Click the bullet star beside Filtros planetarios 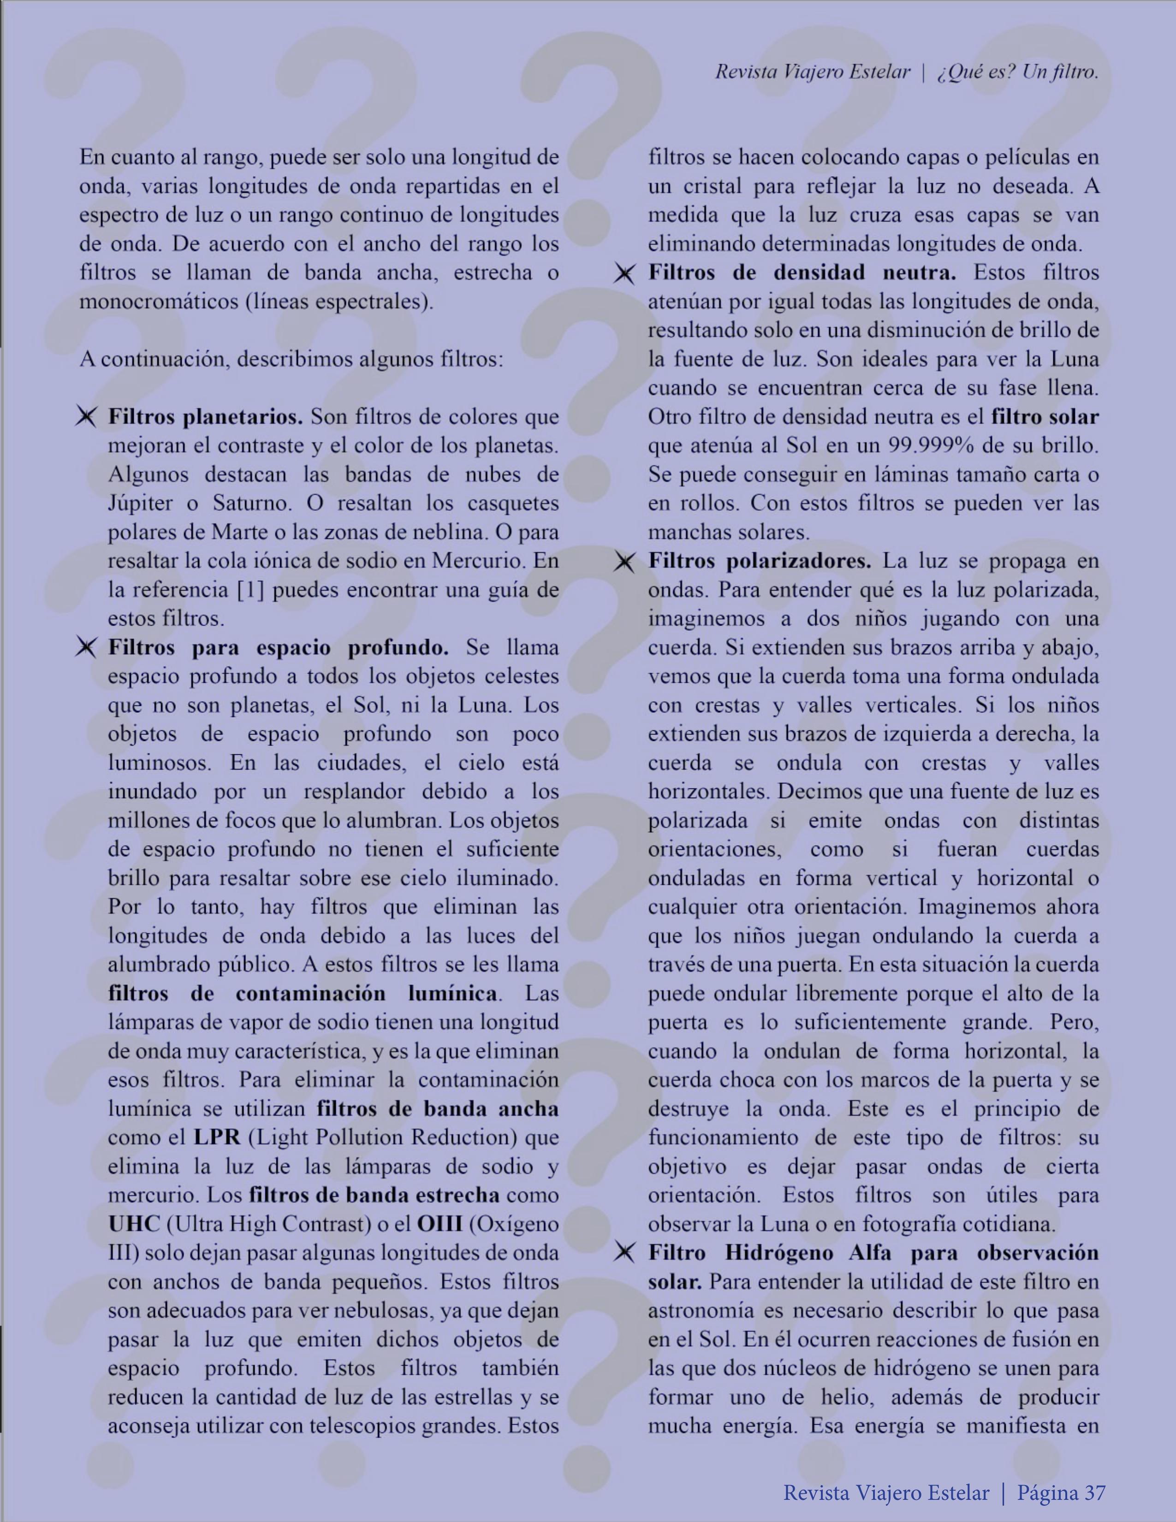tap(86, 417)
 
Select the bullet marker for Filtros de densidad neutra tap(624, 274)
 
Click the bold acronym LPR tap(217, 1137)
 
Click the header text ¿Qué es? tap(974, 72)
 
